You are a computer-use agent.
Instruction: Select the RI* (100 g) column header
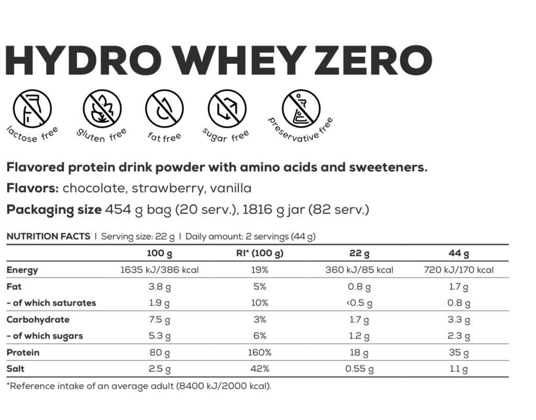[x=260, y=254]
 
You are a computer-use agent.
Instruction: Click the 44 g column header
[x=458, y=254]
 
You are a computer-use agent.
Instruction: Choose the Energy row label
[x=22, y=270]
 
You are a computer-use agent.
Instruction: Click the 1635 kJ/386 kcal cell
[x=159, y=270]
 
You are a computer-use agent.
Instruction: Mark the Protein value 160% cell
[x=259, y=353]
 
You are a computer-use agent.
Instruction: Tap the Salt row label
[x=16, y=369]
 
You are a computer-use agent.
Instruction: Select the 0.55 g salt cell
[x=359, y=369]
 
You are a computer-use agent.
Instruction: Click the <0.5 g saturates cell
[x=359, y=303]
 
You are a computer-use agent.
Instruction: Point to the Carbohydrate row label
[x=38, y=320]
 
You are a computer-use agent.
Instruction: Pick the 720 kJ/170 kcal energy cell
[x=458, y=270]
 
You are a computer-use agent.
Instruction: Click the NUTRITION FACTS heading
[x=48, y=236]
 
